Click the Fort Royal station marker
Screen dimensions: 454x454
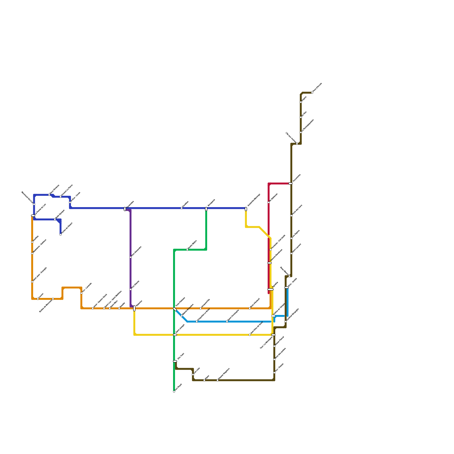point(174,392)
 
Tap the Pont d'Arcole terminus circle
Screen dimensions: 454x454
point(312,93)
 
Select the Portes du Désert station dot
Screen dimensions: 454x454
point(60,235)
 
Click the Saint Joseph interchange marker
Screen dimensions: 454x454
point(175,335)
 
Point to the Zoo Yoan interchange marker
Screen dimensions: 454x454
point(175,361)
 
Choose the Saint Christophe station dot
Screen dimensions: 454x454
point(227,321)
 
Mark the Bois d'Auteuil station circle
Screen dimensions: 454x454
point(250,308)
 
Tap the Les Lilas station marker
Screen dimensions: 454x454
point(193,375)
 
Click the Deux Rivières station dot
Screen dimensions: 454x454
point(49,195)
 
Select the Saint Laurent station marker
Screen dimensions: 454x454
point(291,253)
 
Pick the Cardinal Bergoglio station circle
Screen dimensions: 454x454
point(286,321)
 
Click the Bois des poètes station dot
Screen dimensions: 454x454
point(274,360)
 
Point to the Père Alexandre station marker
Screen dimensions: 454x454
point(131,257)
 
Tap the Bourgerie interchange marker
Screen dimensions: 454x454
point(206,209)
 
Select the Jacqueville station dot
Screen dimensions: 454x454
point(201,308)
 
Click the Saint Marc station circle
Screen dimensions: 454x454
point(110,308)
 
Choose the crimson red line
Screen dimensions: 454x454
point(269,221)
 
